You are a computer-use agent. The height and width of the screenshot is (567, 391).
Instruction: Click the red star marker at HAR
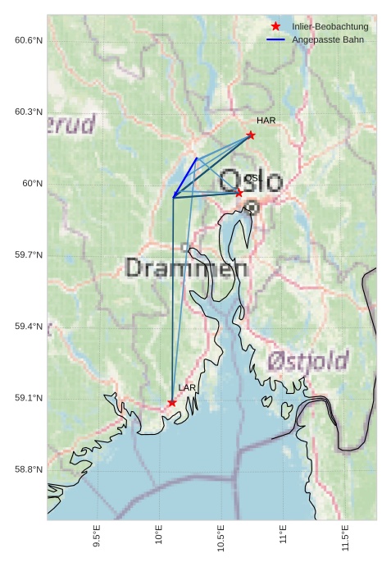pyautogui.click(x=251, y=135)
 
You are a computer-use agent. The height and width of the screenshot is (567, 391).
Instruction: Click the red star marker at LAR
pyautogui.click(x=172, y=403)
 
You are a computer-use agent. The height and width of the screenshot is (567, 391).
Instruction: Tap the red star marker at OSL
pyautogui.click(x=239, y=193)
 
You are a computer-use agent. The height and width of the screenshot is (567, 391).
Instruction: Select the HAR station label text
pyautogui.click(x=266, y=121)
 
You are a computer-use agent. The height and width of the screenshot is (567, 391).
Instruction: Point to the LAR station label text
pyautogui.click(x=187, y=387)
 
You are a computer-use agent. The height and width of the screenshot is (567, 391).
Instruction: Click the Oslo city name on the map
pyautogui.click(x=252, y=181)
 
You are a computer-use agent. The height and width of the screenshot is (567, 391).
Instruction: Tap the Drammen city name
pyautogui.click(x=187, y=268)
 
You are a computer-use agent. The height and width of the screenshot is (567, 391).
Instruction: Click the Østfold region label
pyautogui.click(x=308, y=360)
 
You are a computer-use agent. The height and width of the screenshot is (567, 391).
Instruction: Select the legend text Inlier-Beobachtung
pyautogui.click(x=330, y=27)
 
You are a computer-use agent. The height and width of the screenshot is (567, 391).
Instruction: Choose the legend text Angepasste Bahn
pyautogui.click(x=328, y=39)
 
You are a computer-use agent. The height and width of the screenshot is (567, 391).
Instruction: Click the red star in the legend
pyautogui.click(x=275, y=27)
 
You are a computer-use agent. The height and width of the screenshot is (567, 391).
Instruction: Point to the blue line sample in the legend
pyautogui.click(x=275, y=39)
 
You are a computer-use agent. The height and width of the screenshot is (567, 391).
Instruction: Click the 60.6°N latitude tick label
pyautogui.click(x=29, y=40)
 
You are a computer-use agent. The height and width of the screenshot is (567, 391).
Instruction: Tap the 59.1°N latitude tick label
pyautogui.click(x=29, y=398)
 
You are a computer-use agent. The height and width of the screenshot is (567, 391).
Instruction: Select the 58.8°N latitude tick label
pyautogui.click(x=29, y=469)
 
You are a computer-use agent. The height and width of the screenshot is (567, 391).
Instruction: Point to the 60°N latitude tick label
pyautogui.click(x=33, y=184)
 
